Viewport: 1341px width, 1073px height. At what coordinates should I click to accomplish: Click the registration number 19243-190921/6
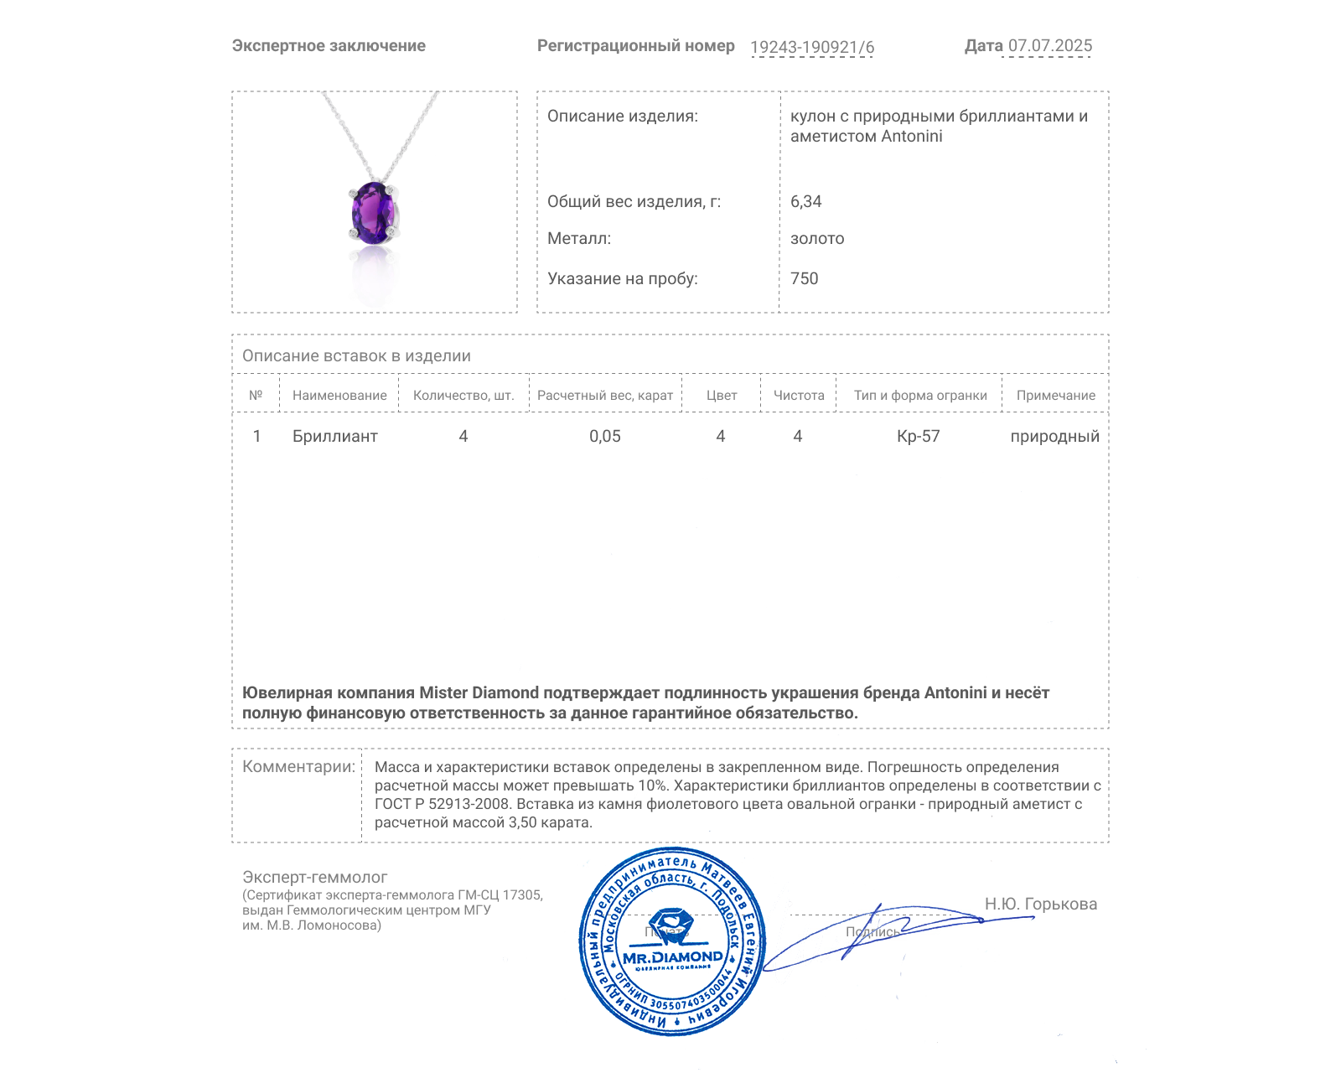pyautogui.click(x=811, y=47)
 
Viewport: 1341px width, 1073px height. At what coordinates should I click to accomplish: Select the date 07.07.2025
pyautogui.click(x=1049, y=46)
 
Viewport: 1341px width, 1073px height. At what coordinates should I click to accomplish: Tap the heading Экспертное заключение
pyautogui.click(x=329, y=46)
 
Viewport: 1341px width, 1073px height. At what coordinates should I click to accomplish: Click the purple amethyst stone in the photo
pyautogui.click(x=373, y=213)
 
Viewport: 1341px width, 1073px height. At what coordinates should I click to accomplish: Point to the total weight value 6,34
pyautogui.click(x=805, y=201)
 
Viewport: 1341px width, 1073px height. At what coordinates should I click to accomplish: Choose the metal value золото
pyautogui.click(x=817, y=239)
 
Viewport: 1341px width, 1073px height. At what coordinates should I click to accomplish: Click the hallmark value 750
pyautogui.click(x=804, y=278)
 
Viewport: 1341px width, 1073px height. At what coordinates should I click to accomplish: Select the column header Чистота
pyautogui.click(x=798, y=396)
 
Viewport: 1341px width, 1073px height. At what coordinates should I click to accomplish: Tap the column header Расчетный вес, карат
pyautogui.click(x=604, y=396)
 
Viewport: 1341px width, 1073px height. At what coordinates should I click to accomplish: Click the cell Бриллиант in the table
pyautogui.click(x=334, y=436)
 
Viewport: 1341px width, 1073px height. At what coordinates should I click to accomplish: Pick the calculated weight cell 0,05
pyautogui.click(x=604, y=436)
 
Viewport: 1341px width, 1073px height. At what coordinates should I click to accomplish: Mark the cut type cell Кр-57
pyautogui.click(x=918, y=436)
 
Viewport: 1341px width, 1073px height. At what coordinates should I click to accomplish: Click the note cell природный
pyautogui.click(x=1054, y=436)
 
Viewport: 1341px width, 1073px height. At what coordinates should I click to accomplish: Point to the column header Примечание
pyautogui.click(x=1055, y=396)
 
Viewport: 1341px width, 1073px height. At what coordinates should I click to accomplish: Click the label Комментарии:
pyautogui.click(x=298, y=766)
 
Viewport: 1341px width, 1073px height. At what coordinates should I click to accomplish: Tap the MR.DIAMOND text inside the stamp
pyautogui.click(x=672, y=957)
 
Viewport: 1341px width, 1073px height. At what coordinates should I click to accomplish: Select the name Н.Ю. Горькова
pyautogui.click(x=1040, y=904)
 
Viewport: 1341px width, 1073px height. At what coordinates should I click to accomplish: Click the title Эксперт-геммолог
pyautogui.click(x=314, y=877)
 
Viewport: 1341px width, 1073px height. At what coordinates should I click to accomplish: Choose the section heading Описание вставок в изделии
pyautogui.click(x=356, y=355)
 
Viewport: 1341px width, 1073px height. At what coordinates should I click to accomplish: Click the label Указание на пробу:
pyautogui.click(x=622, y=278)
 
